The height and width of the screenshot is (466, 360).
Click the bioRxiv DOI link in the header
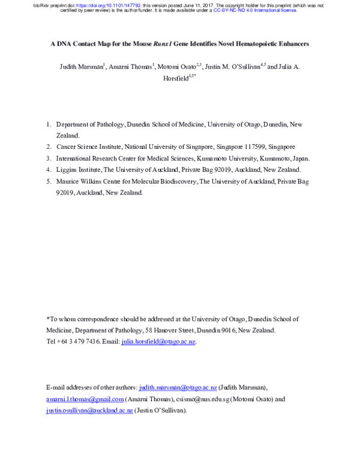[x=112, y=4]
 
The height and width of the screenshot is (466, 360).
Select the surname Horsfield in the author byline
[x=178, y=78]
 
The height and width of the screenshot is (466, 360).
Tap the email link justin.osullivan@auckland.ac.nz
[x=90, y=411]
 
